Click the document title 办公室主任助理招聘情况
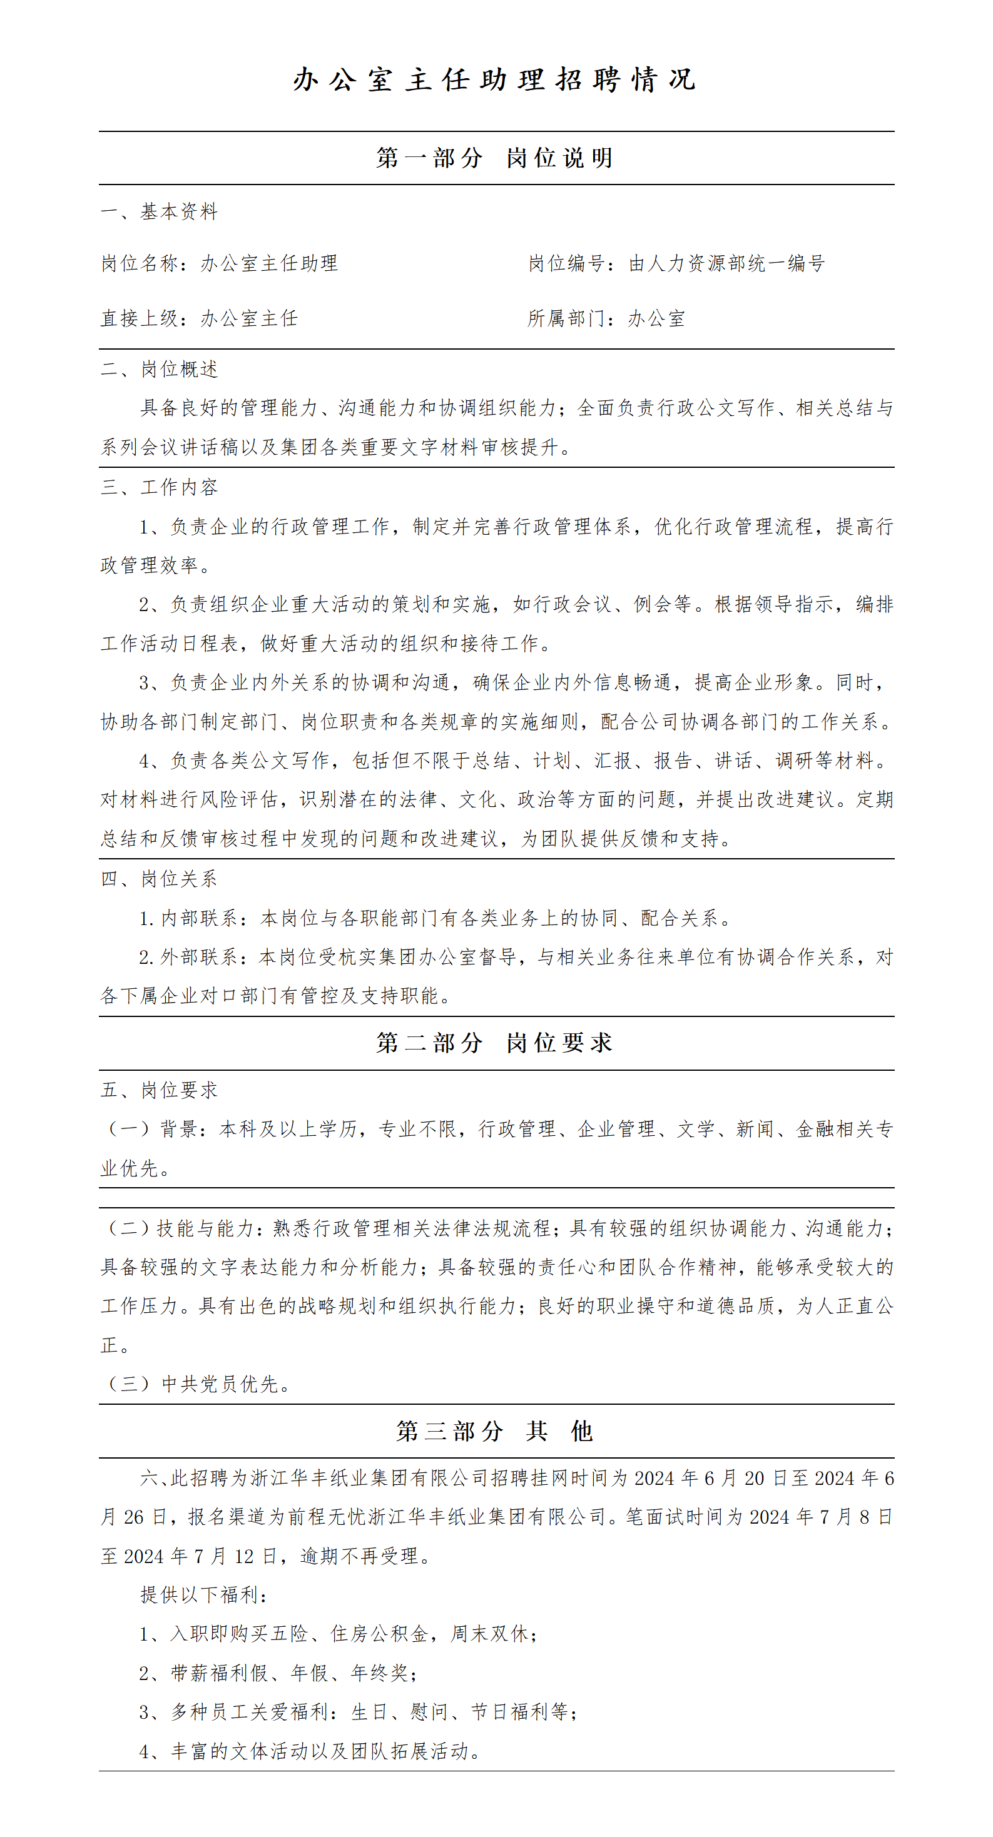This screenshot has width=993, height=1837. (494, 80)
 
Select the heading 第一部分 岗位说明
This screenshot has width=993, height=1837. (494, 158)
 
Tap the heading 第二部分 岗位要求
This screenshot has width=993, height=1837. (494, 1043)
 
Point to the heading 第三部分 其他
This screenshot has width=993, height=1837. (494, 1430)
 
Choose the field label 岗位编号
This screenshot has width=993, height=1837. (566, 264)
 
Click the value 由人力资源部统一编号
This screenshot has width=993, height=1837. (726, 264)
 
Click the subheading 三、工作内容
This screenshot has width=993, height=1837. (159, 488)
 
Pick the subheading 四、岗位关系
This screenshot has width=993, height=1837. (159, 879)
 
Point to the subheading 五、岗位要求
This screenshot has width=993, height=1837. (159, 1090)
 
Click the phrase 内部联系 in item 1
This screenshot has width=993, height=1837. (199, 918)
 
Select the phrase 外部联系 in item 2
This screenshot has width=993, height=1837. (199, 957)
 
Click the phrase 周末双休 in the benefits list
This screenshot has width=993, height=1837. (489, 1634)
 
